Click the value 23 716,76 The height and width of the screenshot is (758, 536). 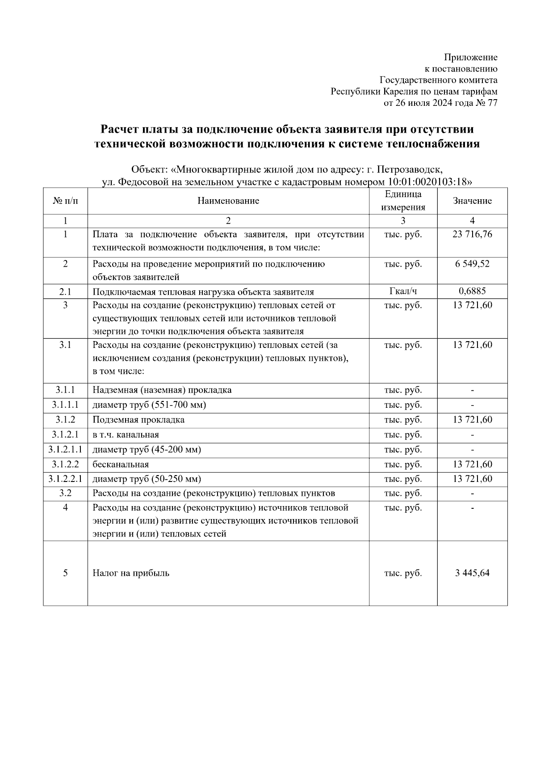tap(472, 235)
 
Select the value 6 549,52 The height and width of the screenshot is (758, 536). tap(472, 264)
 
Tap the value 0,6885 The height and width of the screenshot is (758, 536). tap(472, 291)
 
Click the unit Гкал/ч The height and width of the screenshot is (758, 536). tap(403, 291)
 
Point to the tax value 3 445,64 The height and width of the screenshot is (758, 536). tap(472, 573)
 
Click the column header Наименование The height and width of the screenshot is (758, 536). tap(228, 201)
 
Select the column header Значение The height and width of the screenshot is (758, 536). tap(472, 201)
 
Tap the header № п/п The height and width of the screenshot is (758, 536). tap(65, 201)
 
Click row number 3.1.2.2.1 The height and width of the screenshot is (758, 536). tap(65, 479)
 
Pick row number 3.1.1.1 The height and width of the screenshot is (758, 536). tap(65, 405)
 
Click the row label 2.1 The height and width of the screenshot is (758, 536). tap(65, 292)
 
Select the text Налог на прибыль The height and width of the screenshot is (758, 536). tap(131, 573)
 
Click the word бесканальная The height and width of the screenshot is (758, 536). tap(121, 465)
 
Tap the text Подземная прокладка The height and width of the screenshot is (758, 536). tap(138, 420)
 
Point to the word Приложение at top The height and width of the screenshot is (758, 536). tap(470, 57)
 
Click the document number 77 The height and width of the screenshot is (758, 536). tap(492, 103)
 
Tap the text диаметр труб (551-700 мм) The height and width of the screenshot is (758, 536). tap(149, 405)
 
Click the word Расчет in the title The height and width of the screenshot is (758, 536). tap(118, 130)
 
